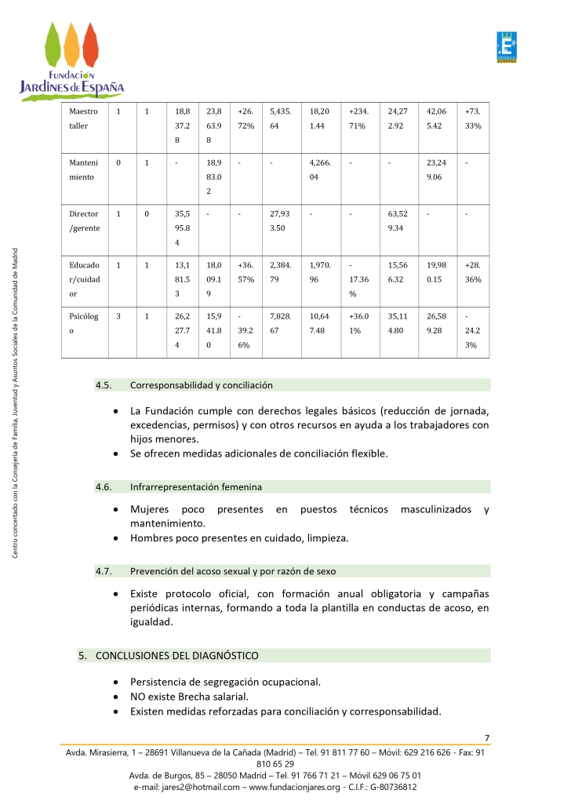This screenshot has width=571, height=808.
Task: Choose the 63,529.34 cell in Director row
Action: [400, 220]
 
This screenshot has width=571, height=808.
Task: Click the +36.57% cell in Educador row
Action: [245, 272]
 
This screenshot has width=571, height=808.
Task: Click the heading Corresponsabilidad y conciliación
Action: [201, 385]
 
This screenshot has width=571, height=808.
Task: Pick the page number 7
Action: [487, 737]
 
